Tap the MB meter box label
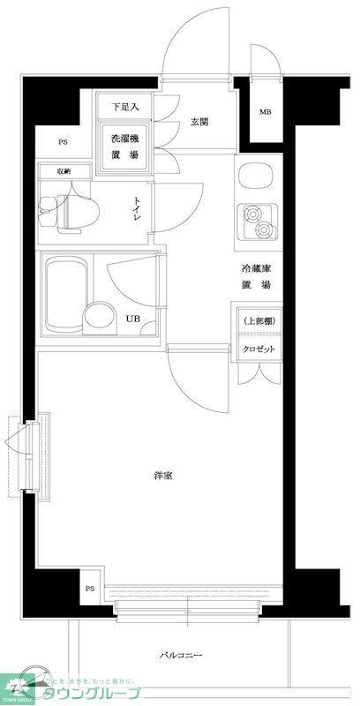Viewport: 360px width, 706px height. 266,112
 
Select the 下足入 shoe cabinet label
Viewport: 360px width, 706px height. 125,107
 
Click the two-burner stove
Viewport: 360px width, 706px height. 256,222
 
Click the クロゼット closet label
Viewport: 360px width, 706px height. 258,349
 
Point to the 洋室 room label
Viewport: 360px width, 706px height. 162,476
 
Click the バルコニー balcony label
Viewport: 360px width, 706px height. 181,656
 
